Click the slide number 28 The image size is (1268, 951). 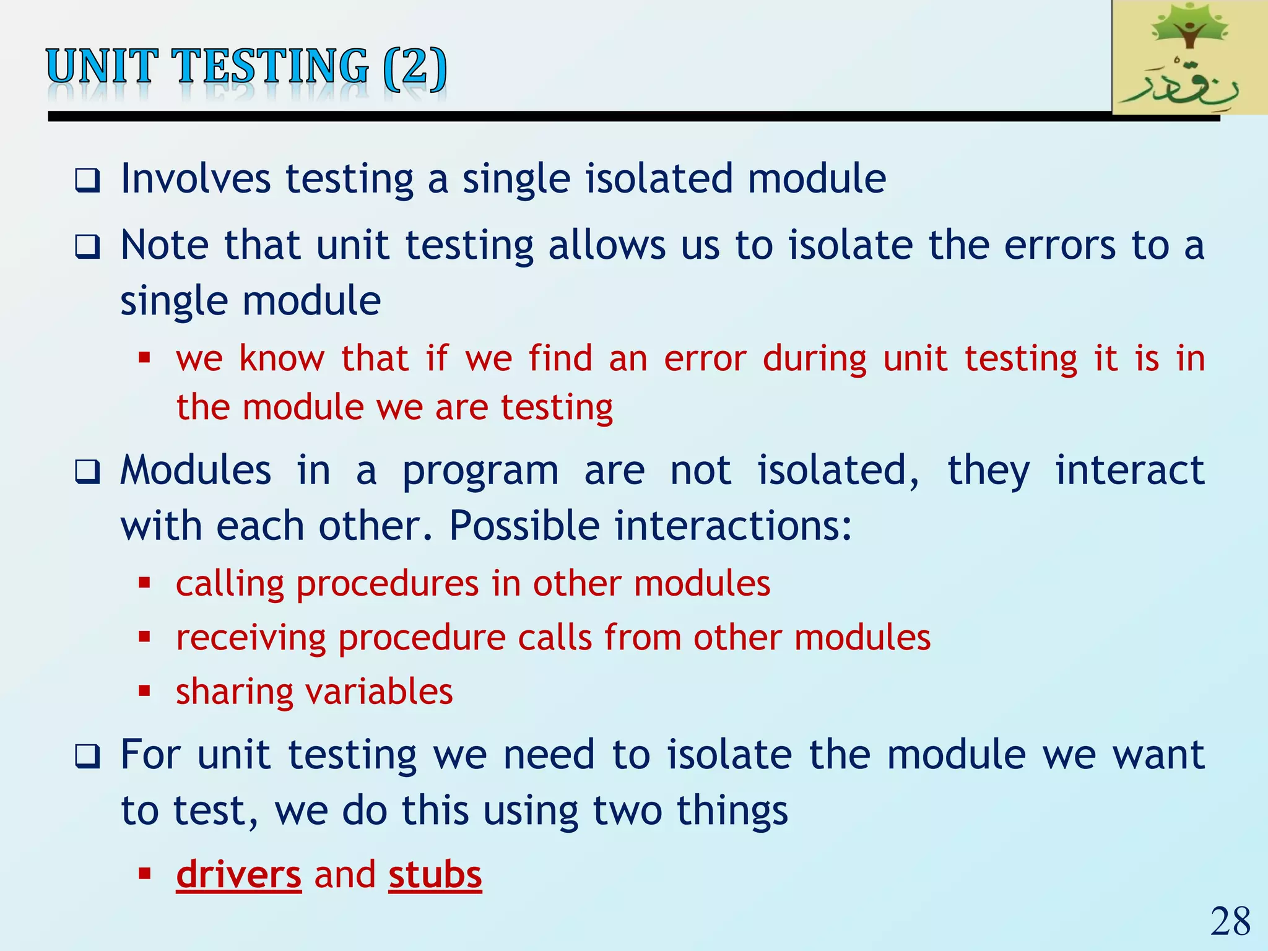pos(1230,921)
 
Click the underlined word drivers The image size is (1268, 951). pos(238,874)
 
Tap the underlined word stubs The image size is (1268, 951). pos(435,874)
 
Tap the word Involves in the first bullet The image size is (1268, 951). pos(196,179)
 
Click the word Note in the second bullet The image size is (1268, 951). pos(165,245)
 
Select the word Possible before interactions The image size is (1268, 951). pos(524,526)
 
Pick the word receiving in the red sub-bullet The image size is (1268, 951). pos(251,638)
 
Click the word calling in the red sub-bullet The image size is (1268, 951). pos(229,584)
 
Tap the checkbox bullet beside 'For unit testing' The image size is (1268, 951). pos(87,757)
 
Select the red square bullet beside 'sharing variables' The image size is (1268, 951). pos(145,690)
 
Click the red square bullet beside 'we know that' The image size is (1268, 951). pos(145,357)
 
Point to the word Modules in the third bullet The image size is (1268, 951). pos(196,471)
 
